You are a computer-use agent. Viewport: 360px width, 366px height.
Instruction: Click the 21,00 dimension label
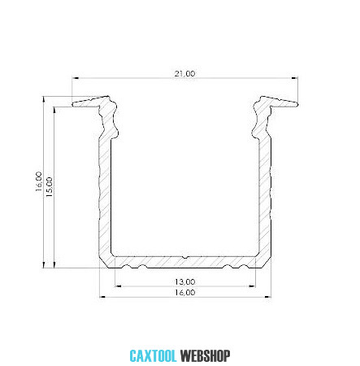(184, 73)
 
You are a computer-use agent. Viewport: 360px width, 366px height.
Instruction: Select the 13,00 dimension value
(184, 282)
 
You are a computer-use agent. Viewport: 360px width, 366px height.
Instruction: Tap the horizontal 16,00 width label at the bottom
(184, 293)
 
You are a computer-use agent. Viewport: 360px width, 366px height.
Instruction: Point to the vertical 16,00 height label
(39, 181)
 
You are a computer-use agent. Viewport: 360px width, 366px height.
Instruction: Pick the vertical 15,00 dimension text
(50, 187)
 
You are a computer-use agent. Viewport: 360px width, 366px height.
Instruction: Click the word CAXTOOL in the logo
(153, 356)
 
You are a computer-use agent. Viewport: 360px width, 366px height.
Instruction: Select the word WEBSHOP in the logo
(206, 356)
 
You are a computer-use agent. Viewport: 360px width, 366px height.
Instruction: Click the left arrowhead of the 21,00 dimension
(75, 78)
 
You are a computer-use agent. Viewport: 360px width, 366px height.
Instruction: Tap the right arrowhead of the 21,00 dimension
(295, 78)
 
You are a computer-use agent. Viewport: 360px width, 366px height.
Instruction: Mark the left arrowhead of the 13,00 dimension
(118, 285)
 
